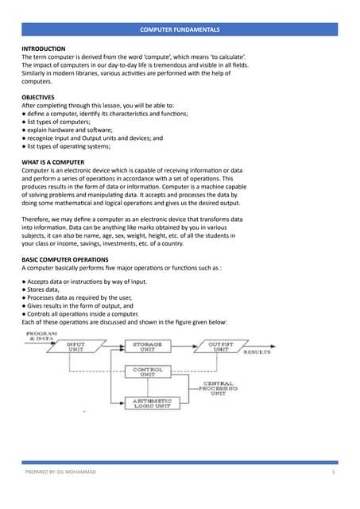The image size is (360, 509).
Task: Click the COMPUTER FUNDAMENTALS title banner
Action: (x=180, y=29)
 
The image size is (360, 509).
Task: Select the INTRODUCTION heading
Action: (x=44, y=49)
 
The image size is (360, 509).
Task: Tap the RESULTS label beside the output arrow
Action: (x=257, y=351)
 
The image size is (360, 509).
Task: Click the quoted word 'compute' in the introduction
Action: (x=177, y=57)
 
